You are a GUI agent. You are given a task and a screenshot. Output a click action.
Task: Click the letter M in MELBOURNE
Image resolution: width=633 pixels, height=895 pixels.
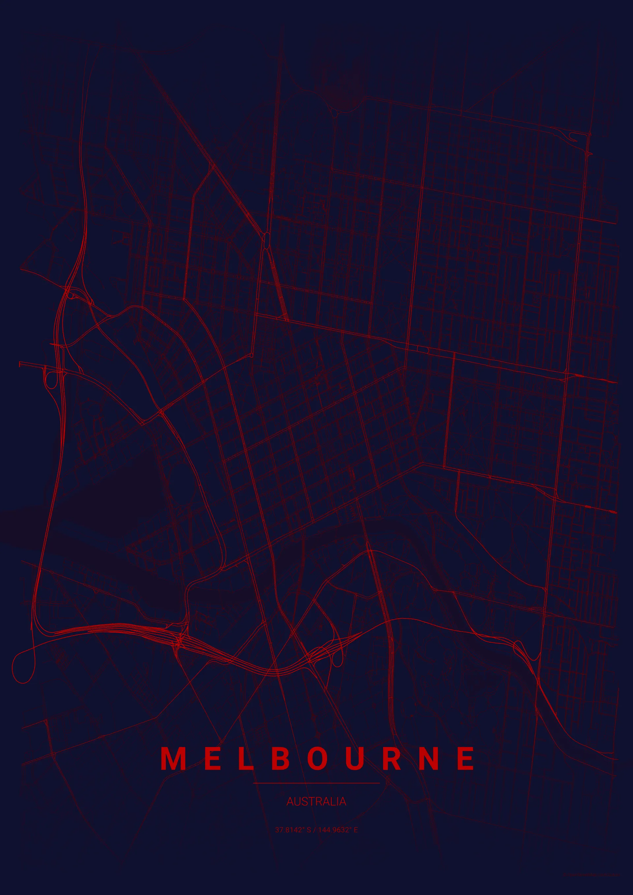173,758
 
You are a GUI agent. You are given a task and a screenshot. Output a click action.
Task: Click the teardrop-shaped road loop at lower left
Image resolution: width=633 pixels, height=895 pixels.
23,661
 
